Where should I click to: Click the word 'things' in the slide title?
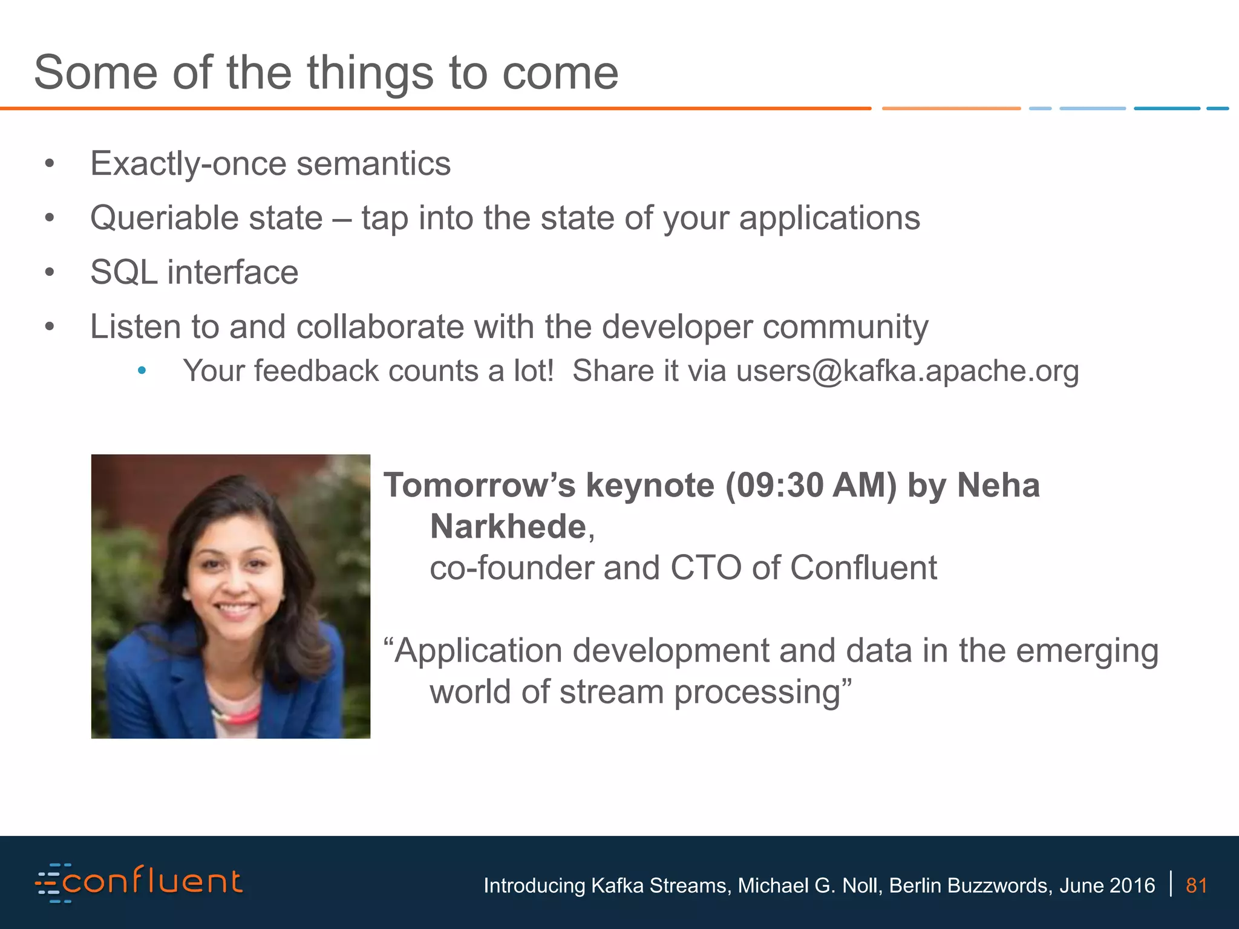click(370, 74)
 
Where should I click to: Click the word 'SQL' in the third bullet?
click(123, 272)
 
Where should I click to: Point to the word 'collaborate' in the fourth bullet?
click(379, 327)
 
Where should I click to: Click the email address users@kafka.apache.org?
click(907, 371)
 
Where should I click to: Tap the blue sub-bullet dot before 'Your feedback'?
click(142, 370)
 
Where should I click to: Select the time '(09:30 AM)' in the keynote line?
click(811, 486)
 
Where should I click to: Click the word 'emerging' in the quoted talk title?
click(1087, 651)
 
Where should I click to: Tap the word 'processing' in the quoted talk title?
click(756, 693)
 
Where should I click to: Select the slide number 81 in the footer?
click(1196, 885)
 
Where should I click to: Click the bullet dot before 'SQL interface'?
click(50, 272)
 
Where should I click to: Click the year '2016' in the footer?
click(1132, 885)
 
